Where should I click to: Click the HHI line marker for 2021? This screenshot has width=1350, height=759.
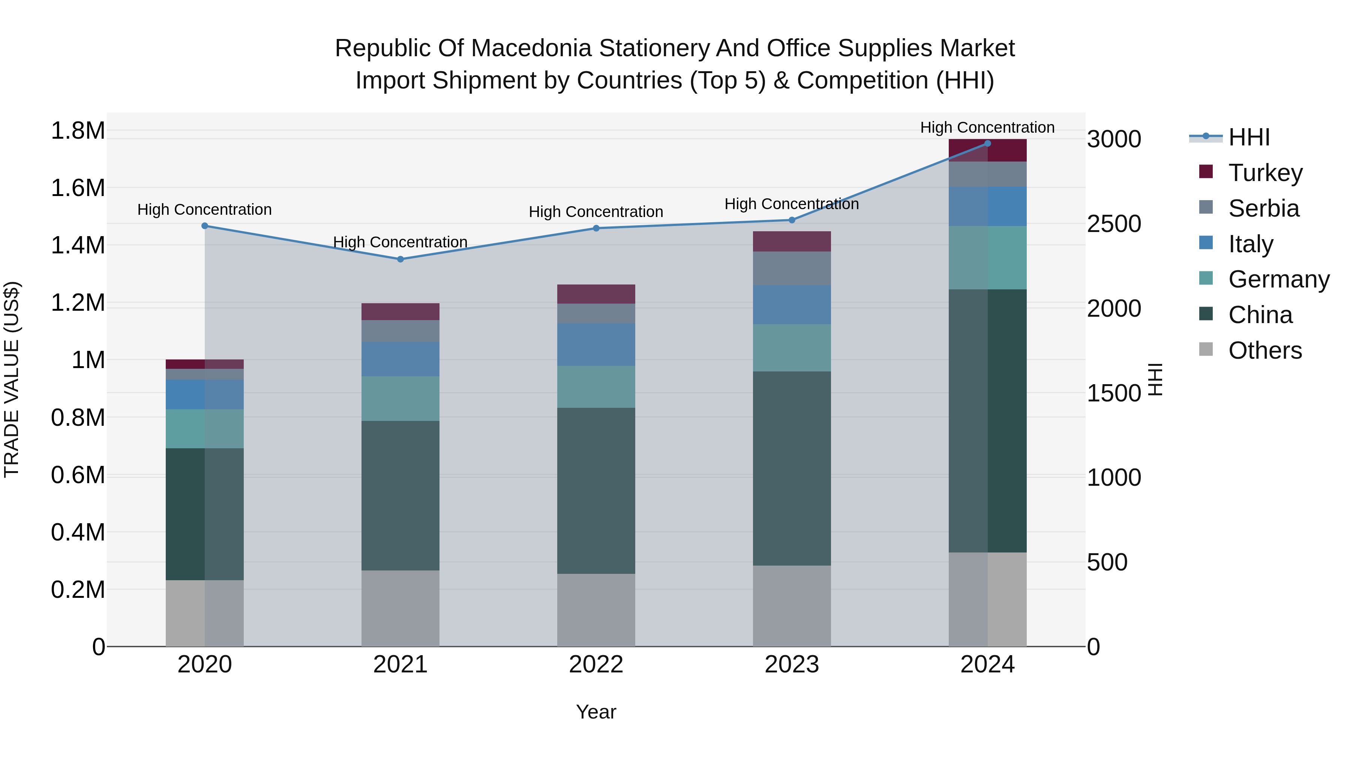tap(400, 259)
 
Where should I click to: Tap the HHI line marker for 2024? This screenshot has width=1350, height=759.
tap(987, 144)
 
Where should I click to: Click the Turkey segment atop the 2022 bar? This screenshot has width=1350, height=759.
tap(596, 294)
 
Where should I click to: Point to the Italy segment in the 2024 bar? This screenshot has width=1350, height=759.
tap(987, 207)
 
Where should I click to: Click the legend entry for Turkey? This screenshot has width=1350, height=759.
tap(1264, 173)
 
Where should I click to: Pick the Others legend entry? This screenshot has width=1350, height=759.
tap(1264, 350)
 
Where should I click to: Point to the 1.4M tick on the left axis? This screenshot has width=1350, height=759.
tap(78, 245)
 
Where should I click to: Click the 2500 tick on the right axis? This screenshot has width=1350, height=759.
tap(1114, 224)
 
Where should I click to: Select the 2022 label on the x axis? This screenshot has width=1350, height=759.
tap(596, 665)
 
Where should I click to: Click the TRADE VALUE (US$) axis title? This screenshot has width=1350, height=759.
tap(12, 379)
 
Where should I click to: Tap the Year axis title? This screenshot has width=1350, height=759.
tap(596, 712)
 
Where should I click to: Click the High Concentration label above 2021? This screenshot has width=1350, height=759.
tap(400, 242)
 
